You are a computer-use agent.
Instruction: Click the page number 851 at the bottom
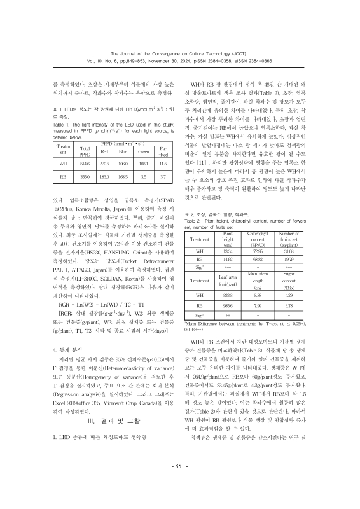tap(180, 481)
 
